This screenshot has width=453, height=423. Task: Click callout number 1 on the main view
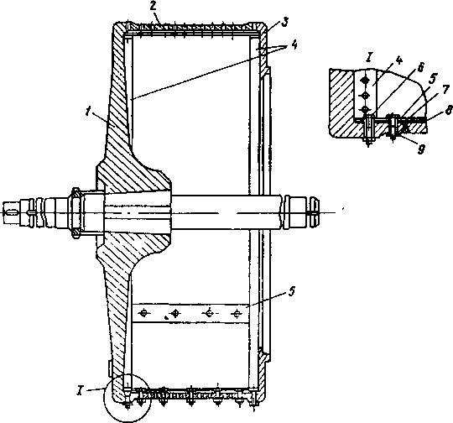[88, 112]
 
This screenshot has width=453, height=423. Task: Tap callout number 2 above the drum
[154, 7]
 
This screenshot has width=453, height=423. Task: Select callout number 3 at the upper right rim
[285, 23]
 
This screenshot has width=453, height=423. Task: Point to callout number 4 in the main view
[294, 45]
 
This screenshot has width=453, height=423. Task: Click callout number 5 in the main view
[292, 291]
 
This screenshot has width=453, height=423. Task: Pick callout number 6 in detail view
[420, 68]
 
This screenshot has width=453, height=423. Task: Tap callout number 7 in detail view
[445, 90]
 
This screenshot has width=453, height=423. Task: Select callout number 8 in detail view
[448, 111]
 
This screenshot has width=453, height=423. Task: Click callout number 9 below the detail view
[421, 149]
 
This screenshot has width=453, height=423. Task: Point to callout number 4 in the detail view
[398, 60]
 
